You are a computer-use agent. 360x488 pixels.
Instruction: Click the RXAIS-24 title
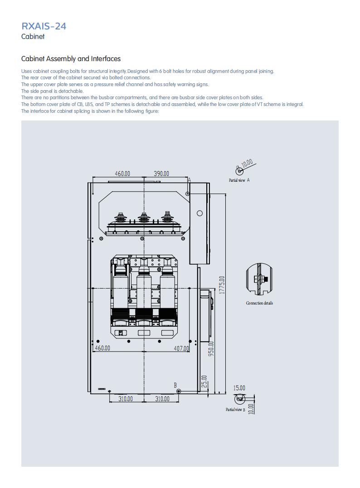coord(44,26)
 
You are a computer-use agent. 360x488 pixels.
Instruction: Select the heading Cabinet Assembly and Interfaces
coord(71,59)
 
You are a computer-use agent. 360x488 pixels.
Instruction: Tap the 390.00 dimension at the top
coord(161,174)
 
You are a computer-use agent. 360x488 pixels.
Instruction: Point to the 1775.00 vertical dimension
coord(221,285)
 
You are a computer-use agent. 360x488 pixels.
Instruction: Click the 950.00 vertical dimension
coord(211,349)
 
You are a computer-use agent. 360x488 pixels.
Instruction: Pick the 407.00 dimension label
coord(181,348)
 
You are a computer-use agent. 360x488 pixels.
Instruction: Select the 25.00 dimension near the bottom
coord(204,381)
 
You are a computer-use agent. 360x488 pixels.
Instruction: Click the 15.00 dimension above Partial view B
coord(239,388)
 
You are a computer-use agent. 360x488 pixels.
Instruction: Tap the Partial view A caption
coord(239,180)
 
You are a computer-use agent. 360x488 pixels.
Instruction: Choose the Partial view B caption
coord(235,410)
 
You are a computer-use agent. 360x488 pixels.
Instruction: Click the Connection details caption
coord(259,303)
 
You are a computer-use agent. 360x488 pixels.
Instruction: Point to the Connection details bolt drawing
coord(259,279)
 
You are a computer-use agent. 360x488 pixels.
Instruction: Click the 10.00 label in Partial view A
coord(247,163)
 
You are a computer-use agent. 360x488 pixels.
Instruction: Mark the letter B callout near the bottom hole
coord(175,385)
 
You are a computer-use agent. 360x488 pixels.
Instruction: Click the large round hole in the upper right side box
coord(200,213)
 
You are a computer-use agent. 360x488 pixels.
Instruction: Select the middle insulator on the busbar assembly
coord(144,217)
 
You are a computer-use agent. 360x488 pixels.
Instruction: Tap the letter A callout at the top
coord(189,180)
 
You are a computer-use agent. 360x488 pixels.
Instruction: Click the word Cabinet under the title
coord(33,36)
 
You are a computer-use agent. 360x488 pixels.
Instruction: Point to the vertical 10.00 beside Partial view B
coord(252,408)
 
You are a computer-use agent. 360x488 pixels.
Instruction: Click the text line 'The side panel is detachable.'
coord(52,91)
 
